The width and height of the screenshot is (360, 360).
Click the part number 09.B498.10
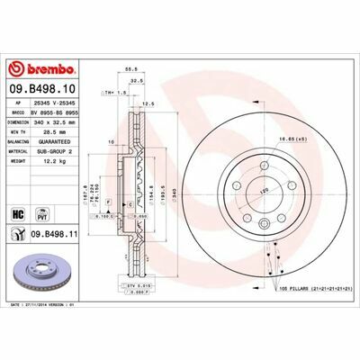pyautogui.click(x=47, y=90)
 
